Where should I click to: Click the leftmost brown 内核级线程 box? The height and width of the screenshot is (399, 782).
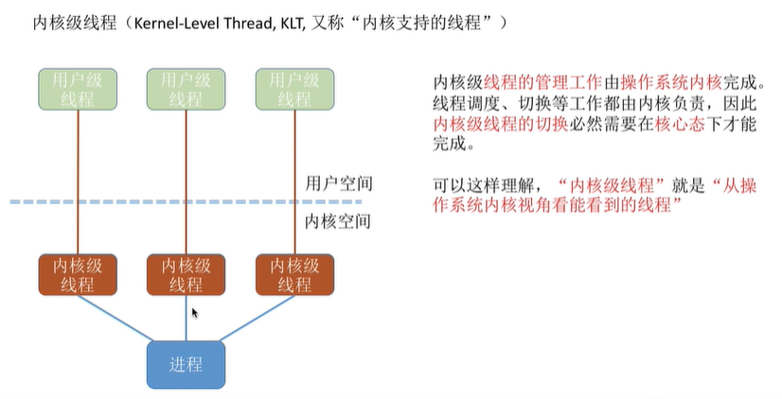point(77,274)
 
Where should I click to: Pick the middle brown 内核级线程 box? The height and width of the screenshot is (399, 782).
point(186,274)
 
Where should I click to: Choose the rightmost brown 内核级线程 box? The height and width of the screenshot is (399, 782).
point(295,274)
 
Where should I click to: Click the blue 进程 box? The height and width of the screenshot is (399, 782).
point(186,364)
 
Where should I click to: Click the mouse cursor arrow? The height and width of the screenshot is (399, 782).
point(195,312)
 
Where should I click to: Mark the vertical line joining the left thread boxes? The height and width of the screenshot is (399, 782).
point(77,180)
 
